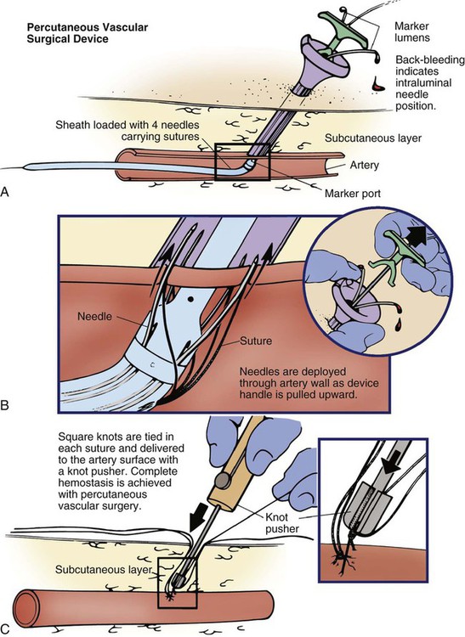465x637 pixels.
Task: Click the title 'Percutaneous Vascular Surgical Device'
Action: tap(88, 33)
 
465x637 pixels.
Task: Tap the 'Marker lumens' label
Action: tap(412, 32)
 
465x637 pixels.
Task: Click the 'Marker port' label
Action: tap(353, 194)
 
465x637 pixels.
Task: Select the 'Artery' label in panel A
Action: tap(364, 166)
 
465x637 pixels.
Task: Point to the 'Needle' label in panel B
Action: tap(94, 316)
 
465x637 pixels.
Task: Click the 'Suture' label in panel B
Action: tap(256, 341)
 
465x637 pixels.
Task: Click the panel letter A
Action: tap(4, 192)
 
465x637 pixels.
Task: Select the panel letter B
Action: tap(4, 405)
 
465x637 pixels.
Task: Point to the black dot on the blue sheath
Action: tap(190, 300)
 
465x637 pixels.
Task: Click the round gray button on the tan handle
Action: tap(222, 481)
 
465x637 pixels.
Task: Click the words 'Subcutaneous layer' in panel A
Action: tap(372, 138)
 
